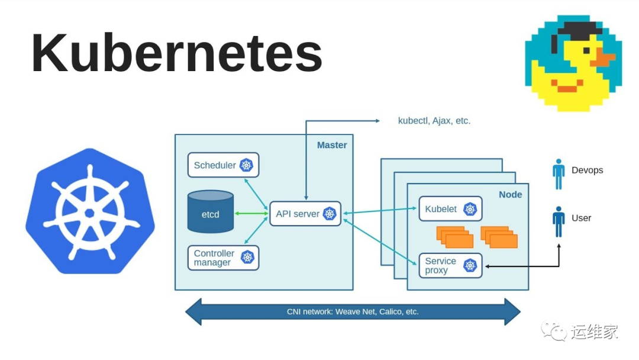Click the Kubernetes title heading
pos(176,53)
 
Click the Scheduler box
pos(223,165)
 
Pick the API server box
pos(305,214)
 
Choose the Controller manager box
pos(223,258)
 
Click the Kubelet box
pos(450,208)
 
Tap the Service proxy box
pos(450,265)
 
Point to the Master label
pos(332,145)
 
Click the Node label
pos(510,194)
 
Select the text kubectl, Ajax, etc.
pos(434,121)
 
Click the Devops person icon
pos(558,173)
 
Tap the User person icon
pos(558,221)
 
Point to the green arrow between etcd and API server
pos(251,213)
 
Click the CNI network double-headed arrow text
pos(353,311)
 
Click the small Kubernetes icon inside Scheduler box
pos(246,165)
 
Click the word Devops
pos(587,170)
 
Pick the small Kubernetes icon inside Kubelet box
pos(470,208)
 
